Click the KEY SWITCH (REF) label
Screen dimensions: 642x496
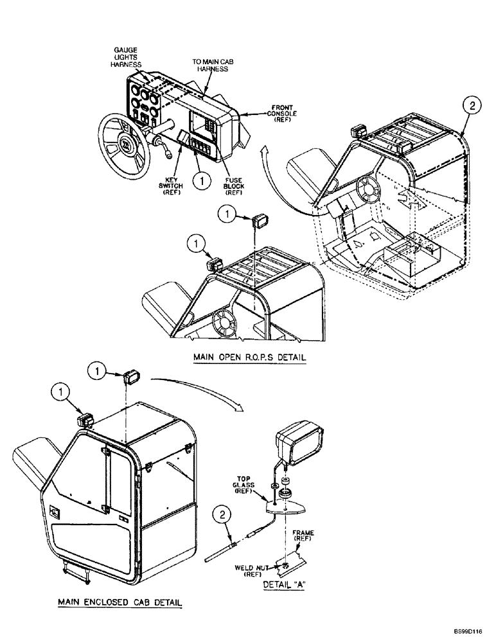(173, 181)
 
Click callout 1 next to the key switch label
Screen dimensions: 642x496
(202, 182)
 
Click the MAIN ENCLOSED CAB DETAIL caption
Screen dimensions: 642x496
(120, 602)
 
